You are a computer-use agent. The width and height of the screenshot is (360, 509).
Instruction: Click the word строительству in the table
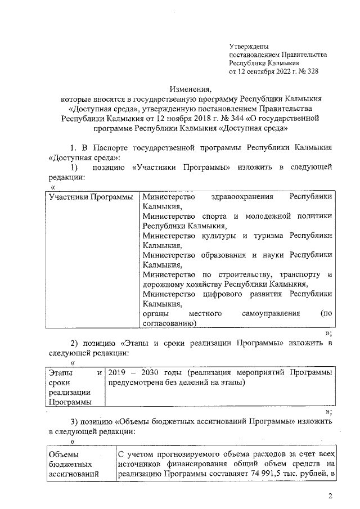(246, 274)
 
